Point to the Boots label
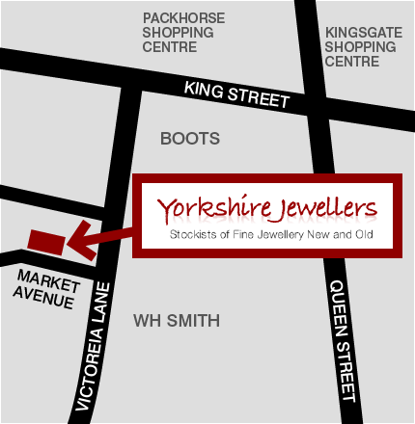point(189,139)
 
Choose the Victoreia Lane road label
point(97,352)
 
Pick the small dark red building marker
point(46,241)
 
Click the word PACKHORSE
point(182,17)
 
